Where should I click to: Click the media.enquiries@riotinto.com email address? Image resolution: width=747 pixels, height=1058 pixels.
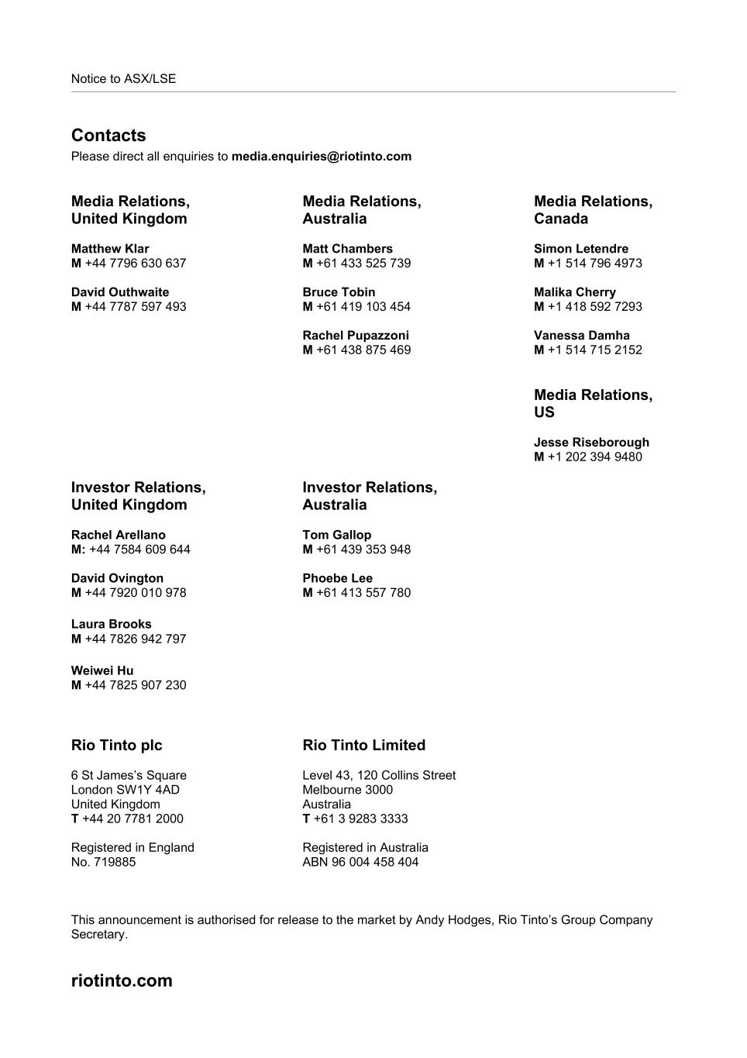click(x=322, y=157)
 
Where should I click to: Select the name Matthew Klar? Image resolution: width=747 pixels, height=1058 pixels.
click(x=110, y=249)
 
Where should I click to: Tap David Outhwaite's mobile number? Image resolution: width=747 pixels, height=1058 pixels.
click(x=135, y=307)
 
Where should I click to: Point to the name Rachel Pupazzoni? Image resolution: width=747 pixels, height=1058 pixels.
click(x=356, y=336)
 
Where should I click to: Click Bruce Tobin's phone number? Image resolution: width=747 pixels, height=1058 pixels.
click(x=363, y=307)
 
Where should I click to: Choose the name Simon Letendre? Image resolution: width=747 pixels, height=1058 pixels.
click(x=581, y=249)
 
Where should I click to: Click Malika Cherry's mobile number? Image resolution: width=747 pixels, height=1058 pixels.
click(x=594, y=307)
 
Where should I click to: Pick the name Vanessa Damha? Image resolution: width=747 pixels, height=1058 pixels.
click(x=582, y=336)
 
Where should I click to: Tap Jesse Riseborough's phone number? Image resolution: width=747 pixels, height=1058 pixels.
click(x=594, y=457)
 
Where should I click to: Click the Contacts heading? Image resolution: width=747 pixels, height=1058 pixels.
click(x=108, y=136)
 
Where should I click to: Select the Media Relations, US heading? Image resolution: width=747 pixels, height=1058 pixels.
click(x=593, y=404)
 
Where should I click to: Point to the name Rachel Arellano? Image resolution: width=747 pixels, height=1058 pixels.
click(x=119, y=535)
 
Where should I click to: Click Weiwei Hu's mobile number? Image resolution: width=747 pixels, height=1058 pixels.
click(x=135, y=685)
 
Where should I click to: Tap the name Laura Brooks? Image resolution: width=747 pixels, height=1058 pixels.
click(x=112, y=624)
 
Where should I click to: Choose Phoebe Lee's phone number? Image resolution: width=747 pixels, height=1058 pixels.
click(x=363, y=593)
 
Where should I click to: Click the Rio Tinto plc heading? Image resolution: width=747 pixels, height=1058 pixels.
click(x=117, y=746)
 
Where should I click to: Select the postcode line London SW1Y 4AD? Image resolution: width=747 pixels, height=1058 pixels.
click(x=126, y=790)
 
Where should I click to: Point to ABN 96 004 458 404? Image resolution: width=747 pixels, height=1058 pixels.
click(x=360, y=862)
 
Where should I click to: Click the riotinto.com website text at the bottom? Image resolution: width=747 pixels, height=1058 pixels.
click(x=122, y=980)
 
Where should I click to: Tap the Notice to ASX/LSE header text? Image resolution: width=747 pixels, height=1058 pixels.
click(x=124, y=79)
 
